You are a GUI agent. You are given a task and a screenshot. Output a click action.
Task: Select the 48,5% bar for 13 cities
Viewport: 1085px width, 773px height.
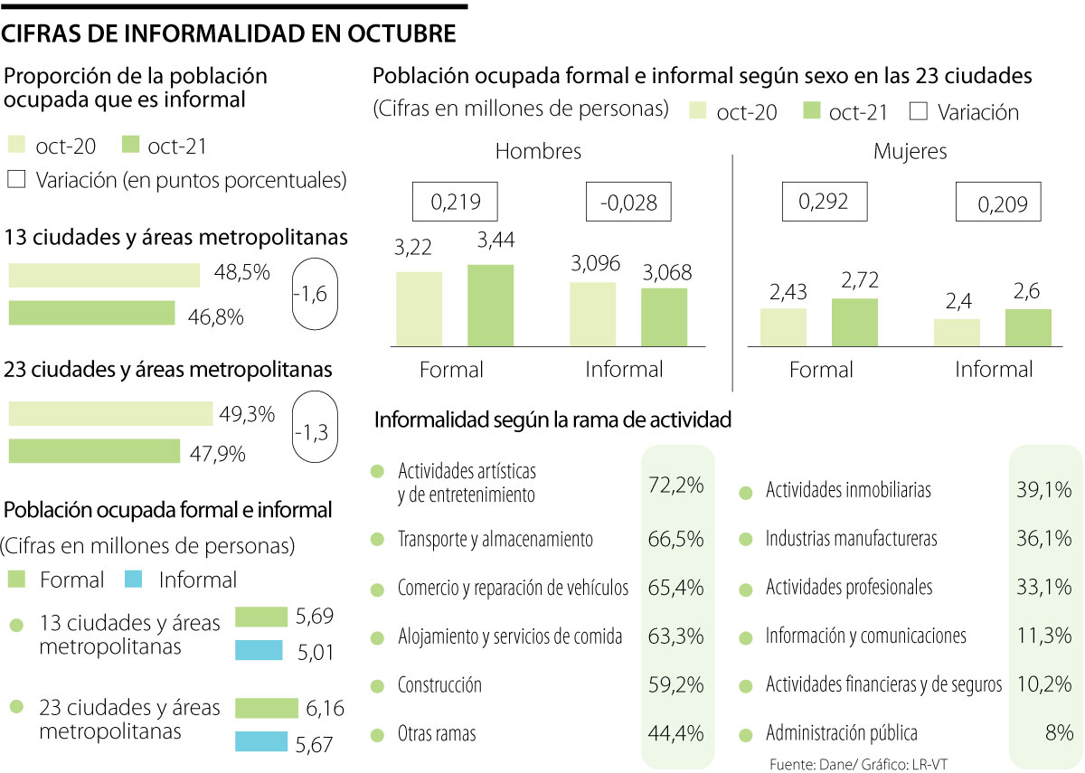tap(104, 275)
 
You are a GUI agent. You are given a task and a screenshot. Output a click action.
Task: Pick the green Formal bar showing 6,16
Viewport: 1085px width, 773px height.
tap(266, 708)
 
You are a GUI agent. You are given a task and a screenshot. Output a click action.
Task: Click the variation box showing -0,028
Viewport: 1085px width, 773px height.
tap(628, 203)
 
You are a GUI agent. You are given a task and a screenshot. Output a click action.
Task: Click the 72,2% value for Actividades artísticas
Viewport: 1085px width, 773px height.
tap(675, 485)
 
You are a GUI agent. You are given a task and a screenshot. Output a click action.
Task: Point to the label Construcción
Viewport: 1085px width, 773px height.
tap(439, 685)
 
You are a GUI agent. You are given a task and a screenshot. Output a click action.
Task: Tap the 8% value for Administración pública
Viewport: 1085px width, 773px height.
tap(1057, 733)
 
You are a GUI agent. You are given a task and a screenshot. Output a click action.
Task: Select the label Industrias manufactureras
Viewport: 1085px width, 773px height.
tap(851, 539)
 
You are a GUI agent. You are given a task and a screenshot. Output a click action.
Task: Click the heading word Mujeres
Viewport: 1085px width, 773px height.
tap(910, 152)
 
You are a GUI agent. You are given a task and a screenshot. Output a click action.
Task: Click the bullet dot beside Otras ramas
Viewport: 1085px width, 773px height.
tap(377, 734)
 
